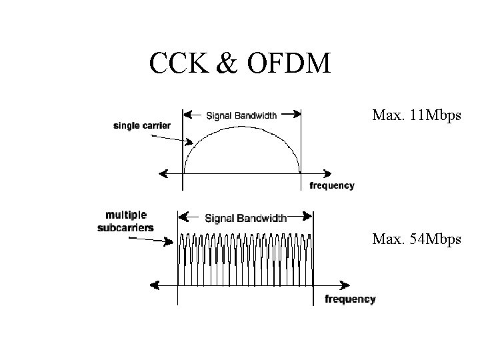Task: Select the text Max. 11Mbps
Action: pyautogui.click(x=416, y=116)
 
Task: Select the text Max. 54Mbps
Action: pyautogui.click(x=417, y=238)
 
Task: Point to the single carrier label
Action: pyautogui.click(x=142, y=125)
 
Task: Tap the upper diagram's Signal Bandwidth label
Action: pyautogui.click(x=242, y=115)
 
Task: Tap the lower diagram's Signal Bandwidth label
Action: pyautogui.click(x=245, y=218)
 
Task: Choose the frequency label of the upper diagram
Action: pyautogui.click(x=331, y=185)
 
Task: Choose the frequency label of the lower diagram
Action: pyautogui.click(x=350, y=299)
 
